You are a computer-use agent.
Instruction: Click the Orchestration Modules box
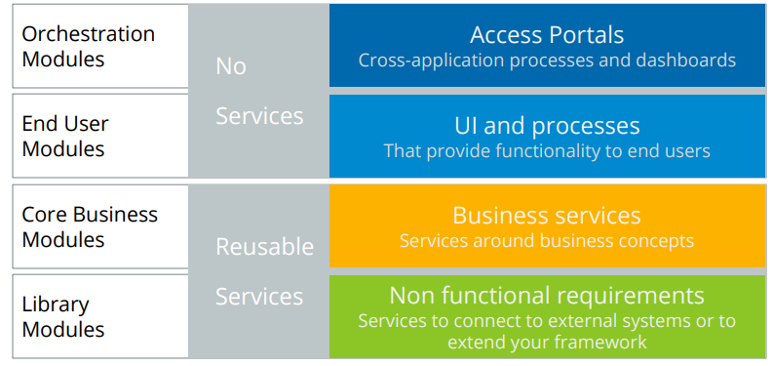pyautogui.click(x=100, y=46)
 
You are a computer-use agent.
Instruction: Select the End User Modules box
pyautogui.click(x=100, y=136)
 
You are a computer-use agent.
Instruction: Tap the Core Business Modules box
pyautogui.click(x=100, y=226)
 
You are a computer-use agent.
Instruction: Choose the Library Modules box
pyautogui.click(x=100, y=316)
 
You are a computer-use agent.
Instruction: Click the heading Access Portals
pyautogui.click(x=547, y=35)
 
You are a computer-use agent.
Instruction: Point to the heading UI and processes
pyautogui.click(x=547, y=126)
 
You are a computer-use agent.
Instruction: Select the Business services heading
pyautogui.click(x=547, y=216)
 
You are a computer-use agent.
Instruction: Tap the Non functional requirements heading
pyautogui.click(x=547, y=295)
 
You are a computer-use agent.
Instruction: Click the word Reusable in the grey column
pyautogui.click(x=264, y=247)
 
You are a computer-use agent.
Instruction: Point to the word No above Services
pyautogui.click(x=231, y=66)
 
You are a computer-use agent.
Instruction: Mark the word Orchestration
pyautogui.click(x=89, y=33)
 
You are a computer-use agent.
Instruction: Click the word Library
pyautogui.click(x=56, y=305)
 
